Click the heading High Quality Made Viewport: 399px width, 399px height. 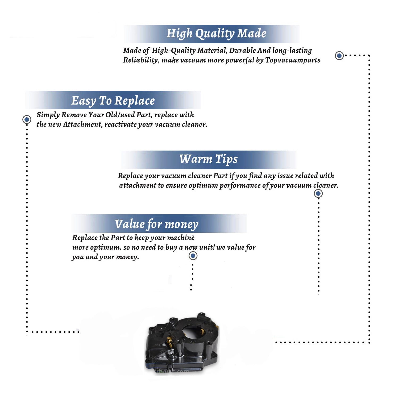(x=216, y=34)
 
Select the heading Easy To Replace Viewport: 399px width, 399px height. (x=113, y=101)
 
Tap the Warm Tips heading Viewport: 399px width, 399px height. (x=209, y=159)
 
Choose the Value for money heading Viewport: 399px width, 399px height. (x=157, y=224)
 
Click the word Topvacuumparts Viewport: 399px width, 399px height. (x=293, y=60)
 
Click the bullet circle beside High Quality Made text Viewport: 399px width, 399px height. (x=339, y=56)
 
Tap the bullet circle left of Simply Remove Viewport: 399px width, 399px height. (x=27, y=119)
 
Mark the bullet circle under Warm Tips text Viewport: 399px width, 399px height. (x=318, y=193)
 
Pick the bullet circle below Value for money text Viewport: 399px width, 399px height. (x=193, y=256)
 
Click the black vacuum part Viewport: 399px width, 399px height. (x=182, y=343)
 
